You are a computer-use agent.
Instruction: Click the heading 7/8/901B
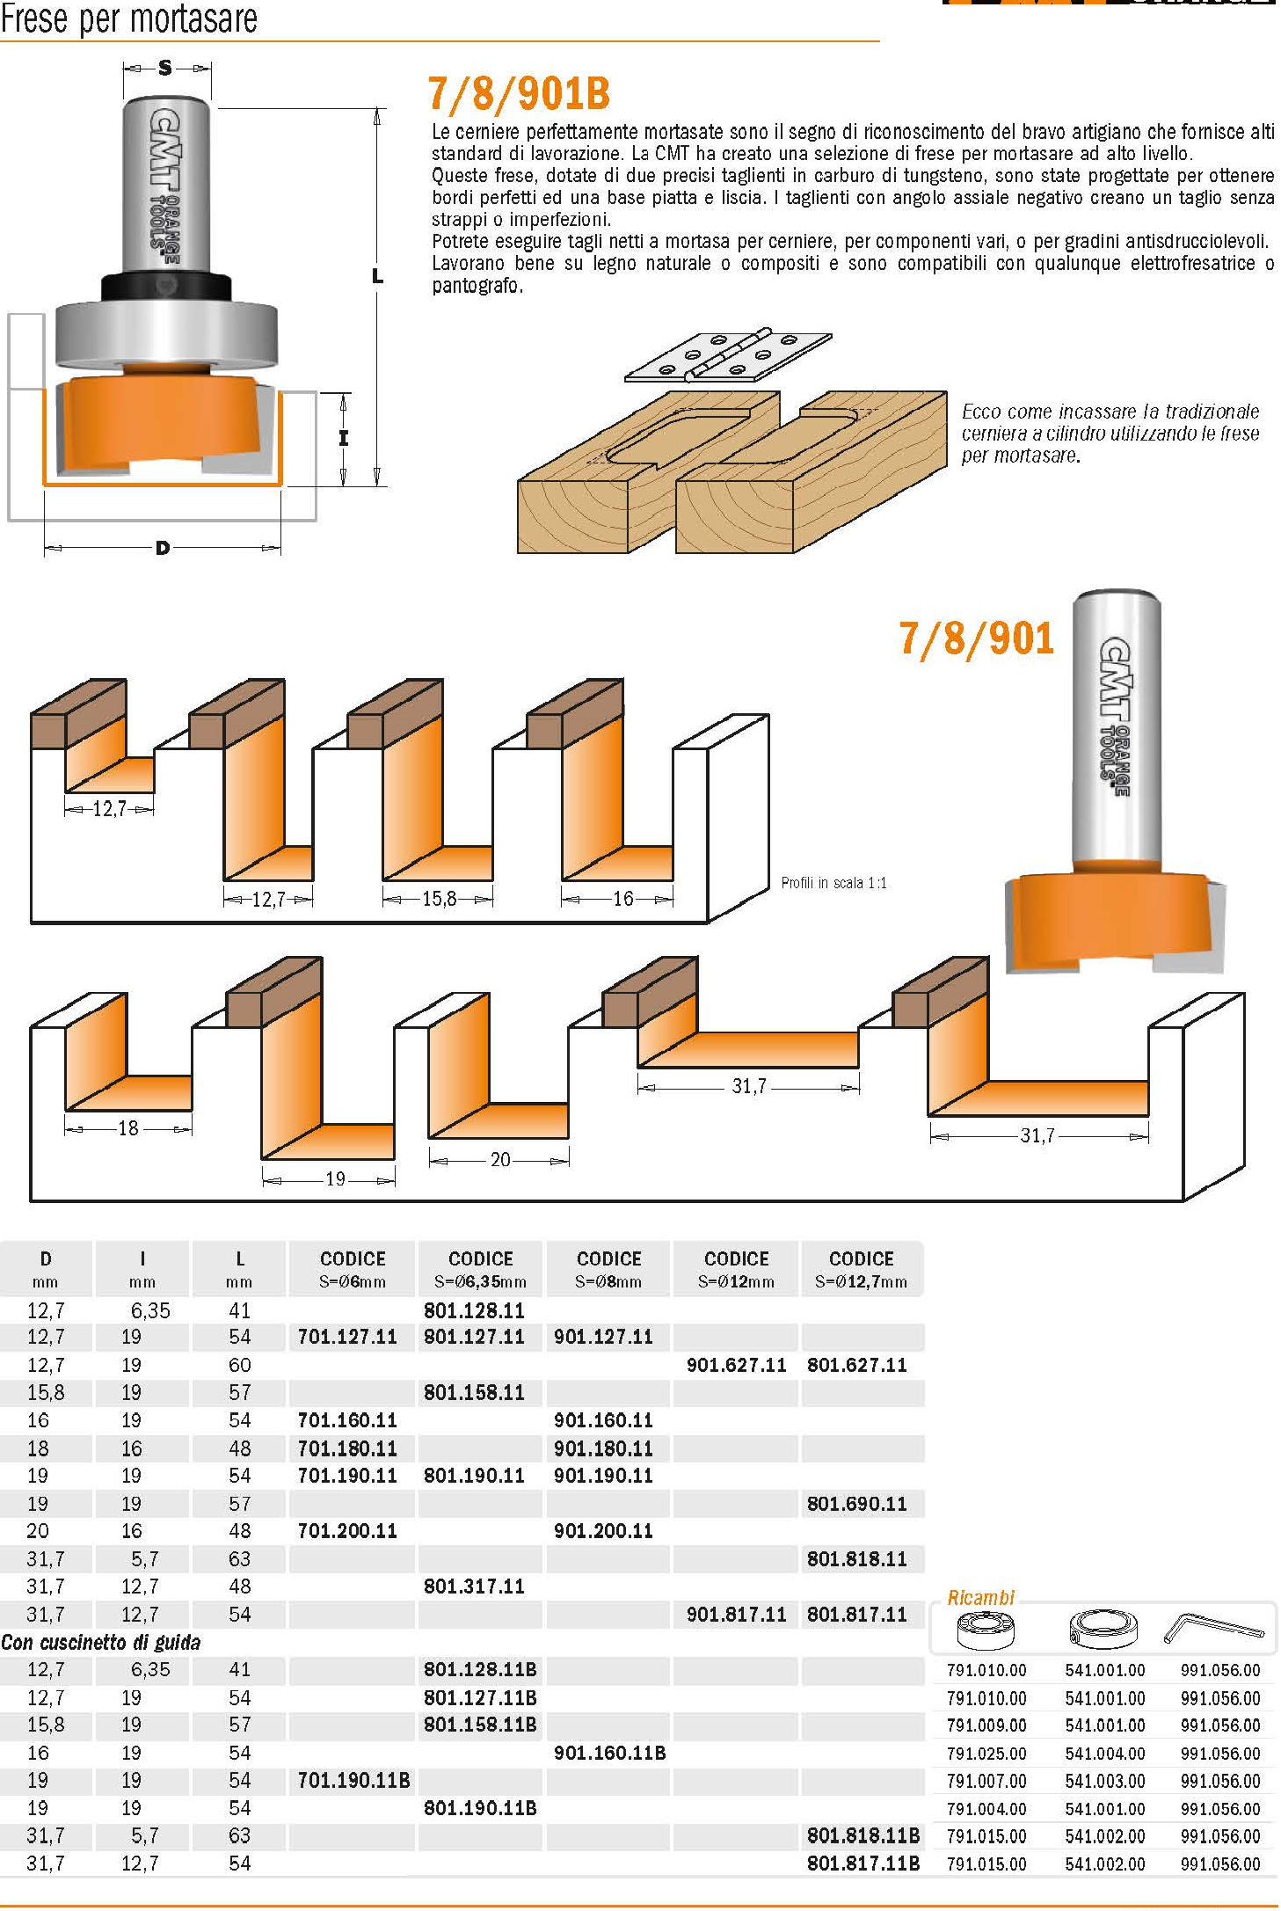519,94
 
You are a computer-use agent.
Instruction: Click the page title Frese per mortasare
129,18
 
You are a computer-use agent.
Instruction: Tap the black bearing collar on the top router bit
165,287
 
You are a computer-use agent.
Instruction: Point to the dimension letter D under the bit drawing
162,549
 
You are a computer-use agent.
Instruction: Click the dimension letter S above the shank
165,68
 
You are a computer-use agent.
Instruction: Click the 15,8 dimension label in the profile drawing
439,899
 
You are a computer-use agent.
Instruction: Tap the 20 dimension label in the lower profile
500,1159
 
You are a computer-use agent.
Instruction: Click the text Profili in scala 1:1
833,883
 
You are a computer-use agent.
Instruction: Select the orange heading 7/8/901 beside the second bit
976,638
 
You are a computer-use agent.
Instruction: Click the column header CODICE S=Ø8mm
608,1268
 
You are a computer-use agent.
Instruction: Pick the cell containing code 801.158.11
474,1392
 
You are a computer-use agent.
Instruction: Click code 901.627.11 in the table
736,1365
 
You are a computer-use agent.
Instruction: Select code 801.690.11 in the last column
856,1504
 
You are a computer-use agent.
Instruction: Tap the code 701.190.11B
353,1780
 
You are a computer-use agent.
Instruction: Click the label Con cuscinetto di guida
101,1642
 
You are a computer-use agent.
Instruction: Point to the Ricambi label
980,1598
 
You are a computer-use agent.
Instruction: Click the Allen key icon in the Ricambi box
1214,1629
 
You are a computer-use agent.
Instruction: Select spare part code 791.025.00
986,1754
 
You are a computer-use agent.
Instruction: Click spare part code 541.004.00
1104,1754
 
